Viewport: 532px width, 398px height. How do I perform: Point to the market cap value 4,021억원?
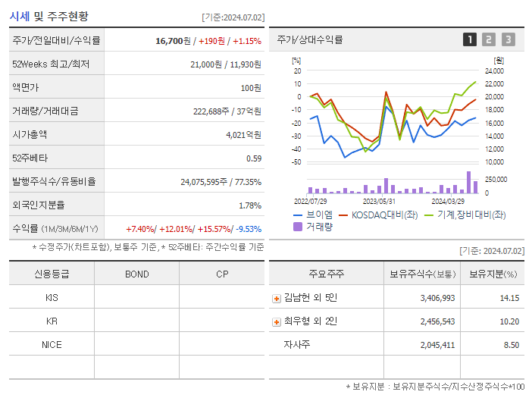point(243,134)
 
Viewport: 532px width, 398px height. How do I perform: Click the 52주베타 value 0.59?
point(254,158)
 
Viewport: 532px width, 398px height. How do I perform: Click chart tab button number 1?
point(470,39)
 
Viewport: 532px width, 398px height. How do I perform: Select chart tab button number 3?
point(508,39)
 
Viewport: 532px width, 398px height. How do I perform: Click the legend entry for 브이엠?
point(314,215)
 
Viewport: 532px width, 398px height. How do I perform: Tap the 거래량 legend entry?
point(314,227)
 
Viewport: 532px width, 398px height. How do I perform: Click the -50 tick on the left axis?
point(296,161)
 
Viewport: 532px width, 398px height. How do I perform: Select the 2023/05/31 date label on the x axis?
point(380,201)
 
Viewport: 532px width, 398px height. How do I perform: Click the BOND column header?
point(136,274)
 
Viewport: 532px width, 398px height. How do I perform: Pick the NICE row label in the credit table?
point(52,344)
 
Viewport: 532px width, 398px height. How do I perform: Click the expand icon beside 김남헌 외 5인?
point(277,298)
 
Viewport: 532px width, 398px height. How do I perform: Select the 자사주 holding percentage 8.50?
point(511,345)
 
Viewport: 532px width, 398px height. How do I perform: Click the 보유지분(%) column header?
point(493,274)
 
